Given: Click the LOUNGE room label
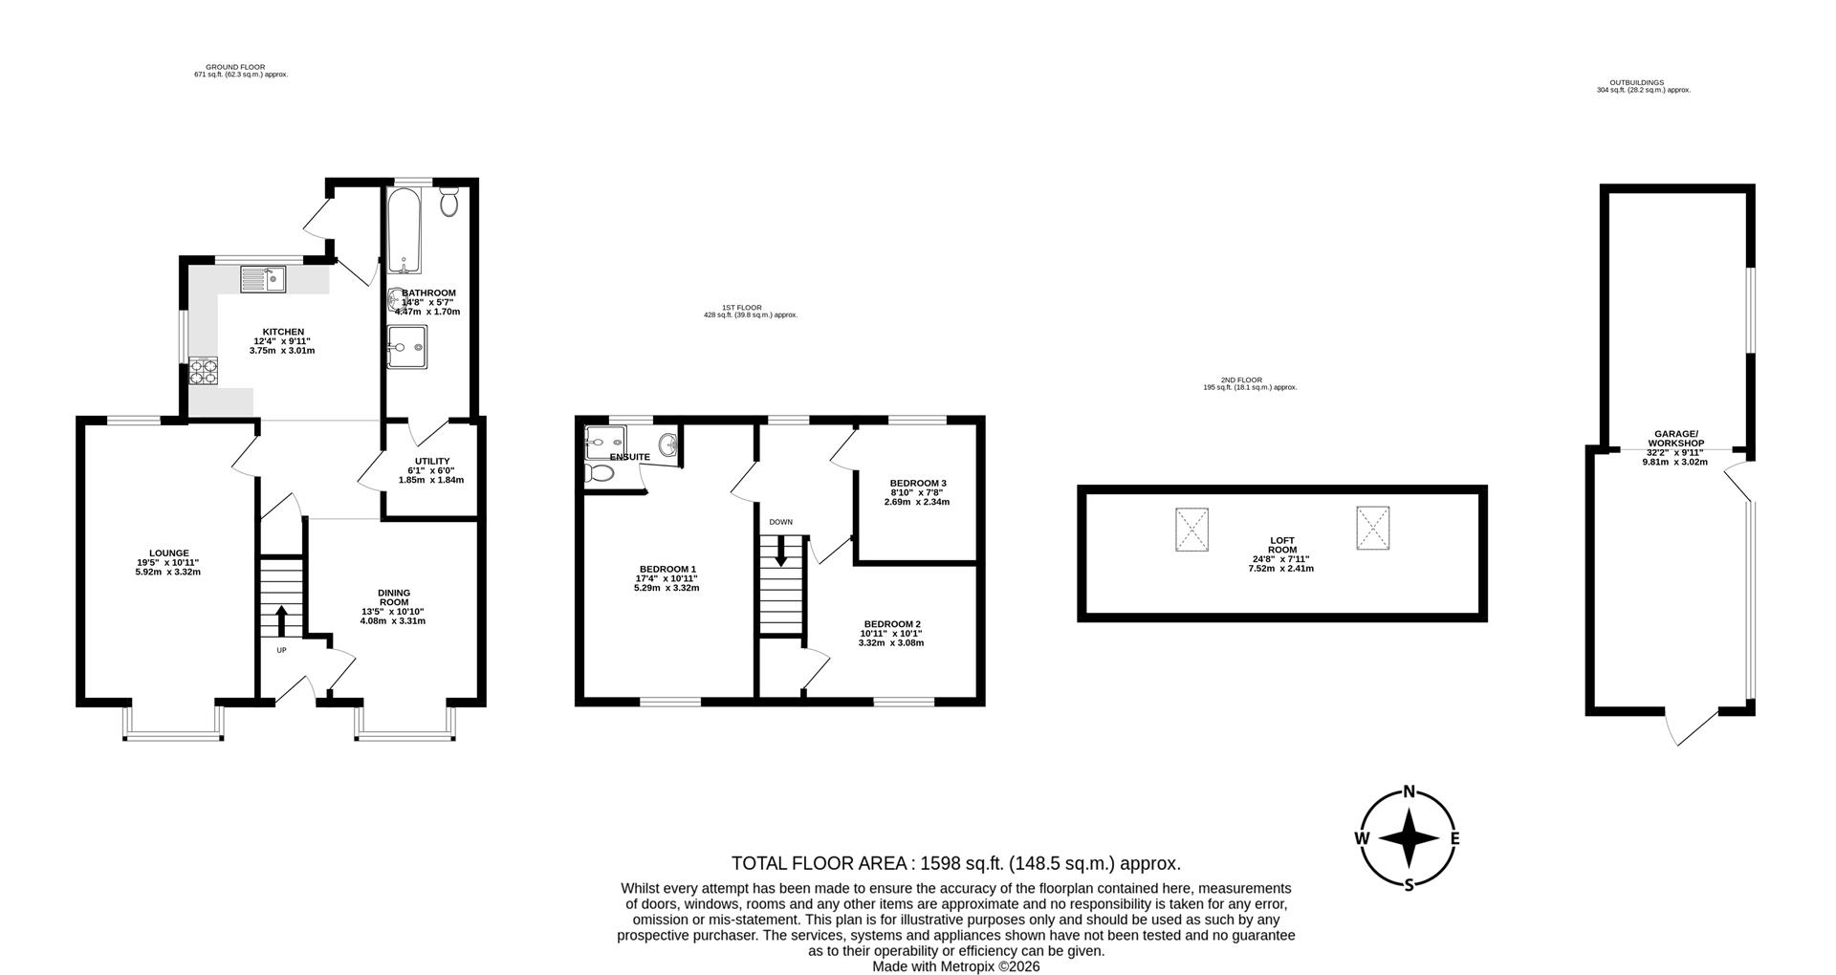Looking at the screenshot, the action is tap(168, 552).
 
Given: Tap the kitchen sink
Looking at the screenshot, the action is tap(264, 280).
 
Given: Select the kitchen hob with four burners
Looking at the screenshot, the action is tap(204, 371).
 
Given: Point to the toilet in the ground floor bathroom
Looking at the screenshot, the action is tap(449, 201).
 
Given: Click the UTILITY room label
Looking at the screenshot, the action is tap(432, 461).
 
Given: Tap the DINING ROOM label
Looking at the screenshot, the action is tap(393, 597).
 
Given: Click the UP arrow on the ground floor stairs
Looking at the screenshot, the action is tap(281, 621).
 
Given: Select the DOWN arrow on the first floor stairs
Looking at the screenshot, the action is tap(781, 552).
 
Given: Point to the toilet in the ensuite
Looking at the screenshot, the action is tap(600, 474).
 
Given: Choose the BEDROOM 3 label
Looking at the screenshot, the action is tap(917, 483).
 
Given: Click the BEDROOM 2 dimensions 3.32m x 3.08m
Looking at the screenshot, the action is tap(891, 643).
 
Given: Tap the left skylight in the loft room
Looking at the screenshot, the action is tap(1191, 530).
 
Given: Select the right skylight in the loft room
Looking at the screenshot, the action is tap(1372, 528).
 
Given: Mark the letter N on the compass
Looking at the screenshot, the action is tap(1409, 791).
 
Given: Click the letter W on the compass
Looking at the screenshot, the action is tap(1361, 838).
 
